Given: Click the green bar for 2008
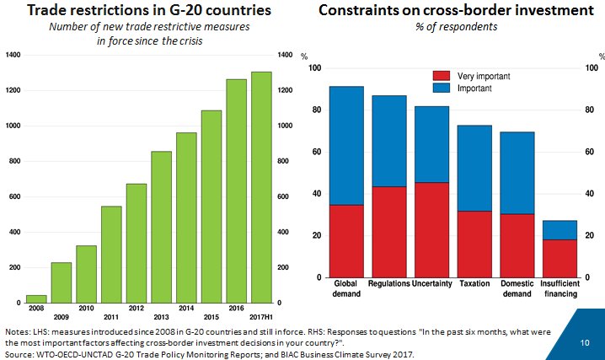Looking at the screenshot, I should pyautogui.click(x=36, y=298).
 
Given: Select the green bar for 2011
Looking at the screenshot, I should pyautogui.click(x=111, y=254).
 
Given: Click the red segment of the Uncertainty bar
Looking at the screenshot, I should pyautogui.click(x=433, y=229).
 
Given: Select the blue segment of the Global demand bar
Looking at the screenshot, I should pyautogui.click(x=346, y=145).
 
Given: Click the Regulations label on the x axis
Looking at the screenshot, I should pyautogui.click(x=389, y=284).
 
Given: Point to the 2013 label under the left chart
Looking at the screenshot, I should pyautogui.click(x=161, y=317).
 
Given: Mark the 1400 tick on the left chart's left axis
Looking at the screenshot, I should pyautogui.click(x=13, y=55).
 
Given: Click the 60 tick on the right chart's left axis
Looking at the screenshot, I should pyautogui.click(x=315, y=152).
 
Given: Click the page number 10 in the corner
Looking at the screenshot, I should pyautogui.click(x=585, y=343).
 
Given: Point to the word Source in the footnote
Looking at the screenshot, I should pyautogui.click(x=19, y=352).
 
